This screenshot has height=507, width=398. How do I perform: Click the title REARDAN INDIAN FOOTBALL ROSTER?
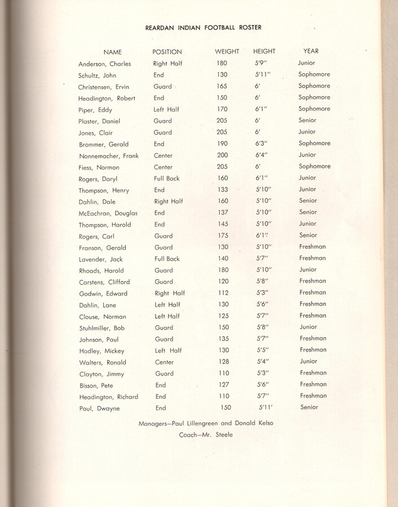point(204,27)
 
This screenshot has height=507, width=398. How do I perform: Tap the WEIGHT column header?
point(227,52)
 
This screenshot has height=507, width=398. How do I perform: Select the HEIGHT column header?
point(264,52)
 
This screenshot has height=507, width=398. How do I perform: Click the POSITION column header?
point(167,52)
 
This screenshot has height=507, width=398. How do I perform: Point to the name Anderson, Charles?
point(104,64)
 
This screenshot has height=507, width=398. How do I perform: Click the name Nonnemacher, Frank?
point(108,155)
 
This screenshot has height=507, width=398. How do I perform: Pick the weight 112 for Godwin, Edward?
point(224,293)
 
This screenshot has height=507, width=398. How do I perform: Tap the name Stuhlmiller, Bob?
point(102,328)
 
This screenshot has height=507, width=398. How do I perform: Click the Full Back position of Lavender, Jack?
point(166,259)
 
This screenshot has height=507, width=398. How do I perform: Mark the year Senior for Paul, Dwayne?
point(309,407)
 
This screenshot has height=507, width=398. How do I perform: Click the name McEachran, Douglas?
point(108,213)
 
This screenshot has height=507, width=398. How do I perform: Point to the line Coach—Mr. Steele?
point(206,434)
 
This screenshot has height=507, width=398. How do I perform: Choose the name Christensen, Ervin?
point(104,87)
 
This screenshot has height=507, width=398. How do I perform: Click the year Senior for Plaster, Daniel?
point(307,121)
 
